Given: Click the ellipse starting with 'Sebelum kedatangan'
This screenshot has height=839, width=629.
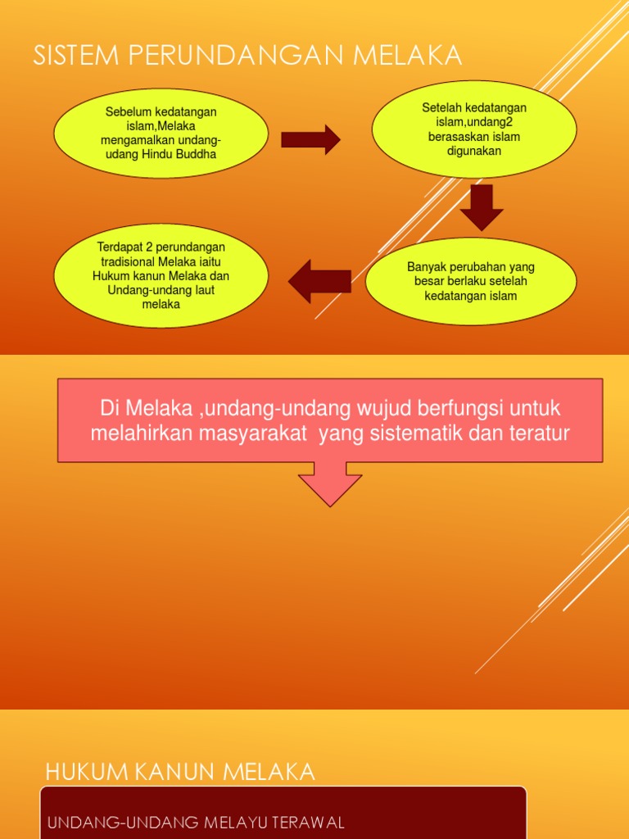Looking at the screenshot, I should (161, 133).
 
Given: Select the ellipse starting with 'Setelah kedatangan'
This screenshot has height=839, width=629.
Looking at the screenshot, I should (474, 129).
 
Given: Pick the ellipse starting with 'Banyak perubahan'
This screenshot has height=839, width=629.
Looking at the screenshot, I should (471, 281).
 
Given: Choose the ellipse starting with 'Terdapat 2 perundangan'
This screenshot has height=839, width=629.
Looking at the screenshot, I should (161, 275).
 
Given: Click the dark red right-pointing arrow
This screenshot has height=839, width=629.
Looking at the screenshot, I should (310, 139).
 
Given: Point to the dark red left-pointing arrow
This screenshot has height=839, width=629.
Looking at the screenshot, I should (319, 281).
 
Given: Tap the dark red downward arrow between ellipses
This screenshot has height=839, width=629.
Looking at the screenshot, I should (482, 206).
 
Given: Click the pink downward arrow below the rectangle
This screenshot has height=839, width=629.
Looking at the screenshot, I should (330, 483).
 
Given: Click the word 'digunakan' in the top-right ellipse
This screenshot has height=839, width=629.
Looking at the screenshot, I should (474, 151).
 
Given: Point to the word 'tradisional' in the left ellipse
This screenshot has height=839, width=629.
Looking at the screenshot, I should (125, 261).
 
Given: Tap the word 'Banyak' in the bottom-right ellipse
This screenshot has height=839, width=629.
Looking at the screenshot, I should (426, 267).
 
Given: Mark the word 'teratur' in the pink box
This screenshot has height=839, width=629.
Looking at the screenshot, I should (537, 433).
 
